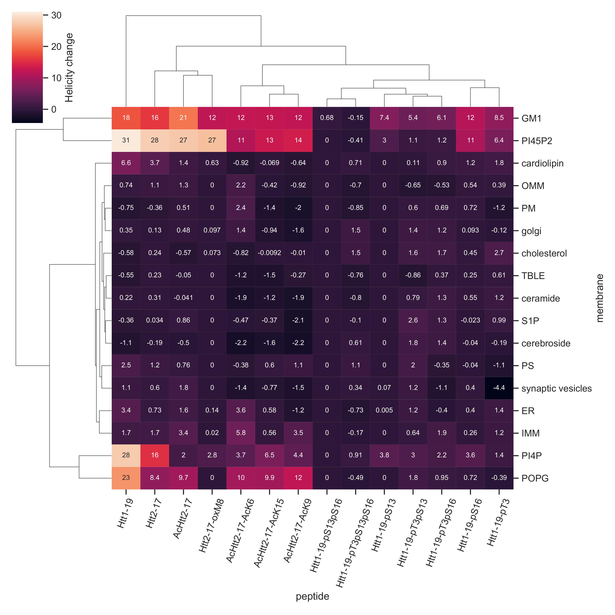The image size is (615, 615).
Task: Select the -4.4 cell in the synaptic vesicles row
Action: (499, 388)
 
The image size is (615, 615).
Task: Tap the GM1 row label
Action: (531, 118)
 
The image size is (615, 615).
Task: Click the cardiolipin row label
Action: (542, 163)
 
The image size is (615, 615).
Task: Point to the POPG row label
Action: (535, 478)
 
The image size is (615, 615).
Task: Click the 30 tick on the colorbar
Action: (56, 15)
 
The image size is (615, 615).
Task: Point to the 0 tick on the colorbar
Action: (54, 109)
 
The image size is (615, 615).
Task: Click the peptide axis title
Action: (312, 596)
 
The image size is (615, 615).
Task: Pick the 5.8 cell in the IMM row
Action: (241, 433)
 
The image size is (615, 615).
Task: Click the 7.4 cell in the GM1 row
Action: (384, 118)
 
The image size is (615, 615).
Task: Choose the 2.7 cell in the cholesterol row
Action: (499, 253)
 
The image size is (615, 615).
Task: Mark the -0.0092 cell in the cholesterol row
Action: (269, 253)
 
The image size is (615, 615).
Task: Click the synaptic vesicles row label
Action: (556, 388)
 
